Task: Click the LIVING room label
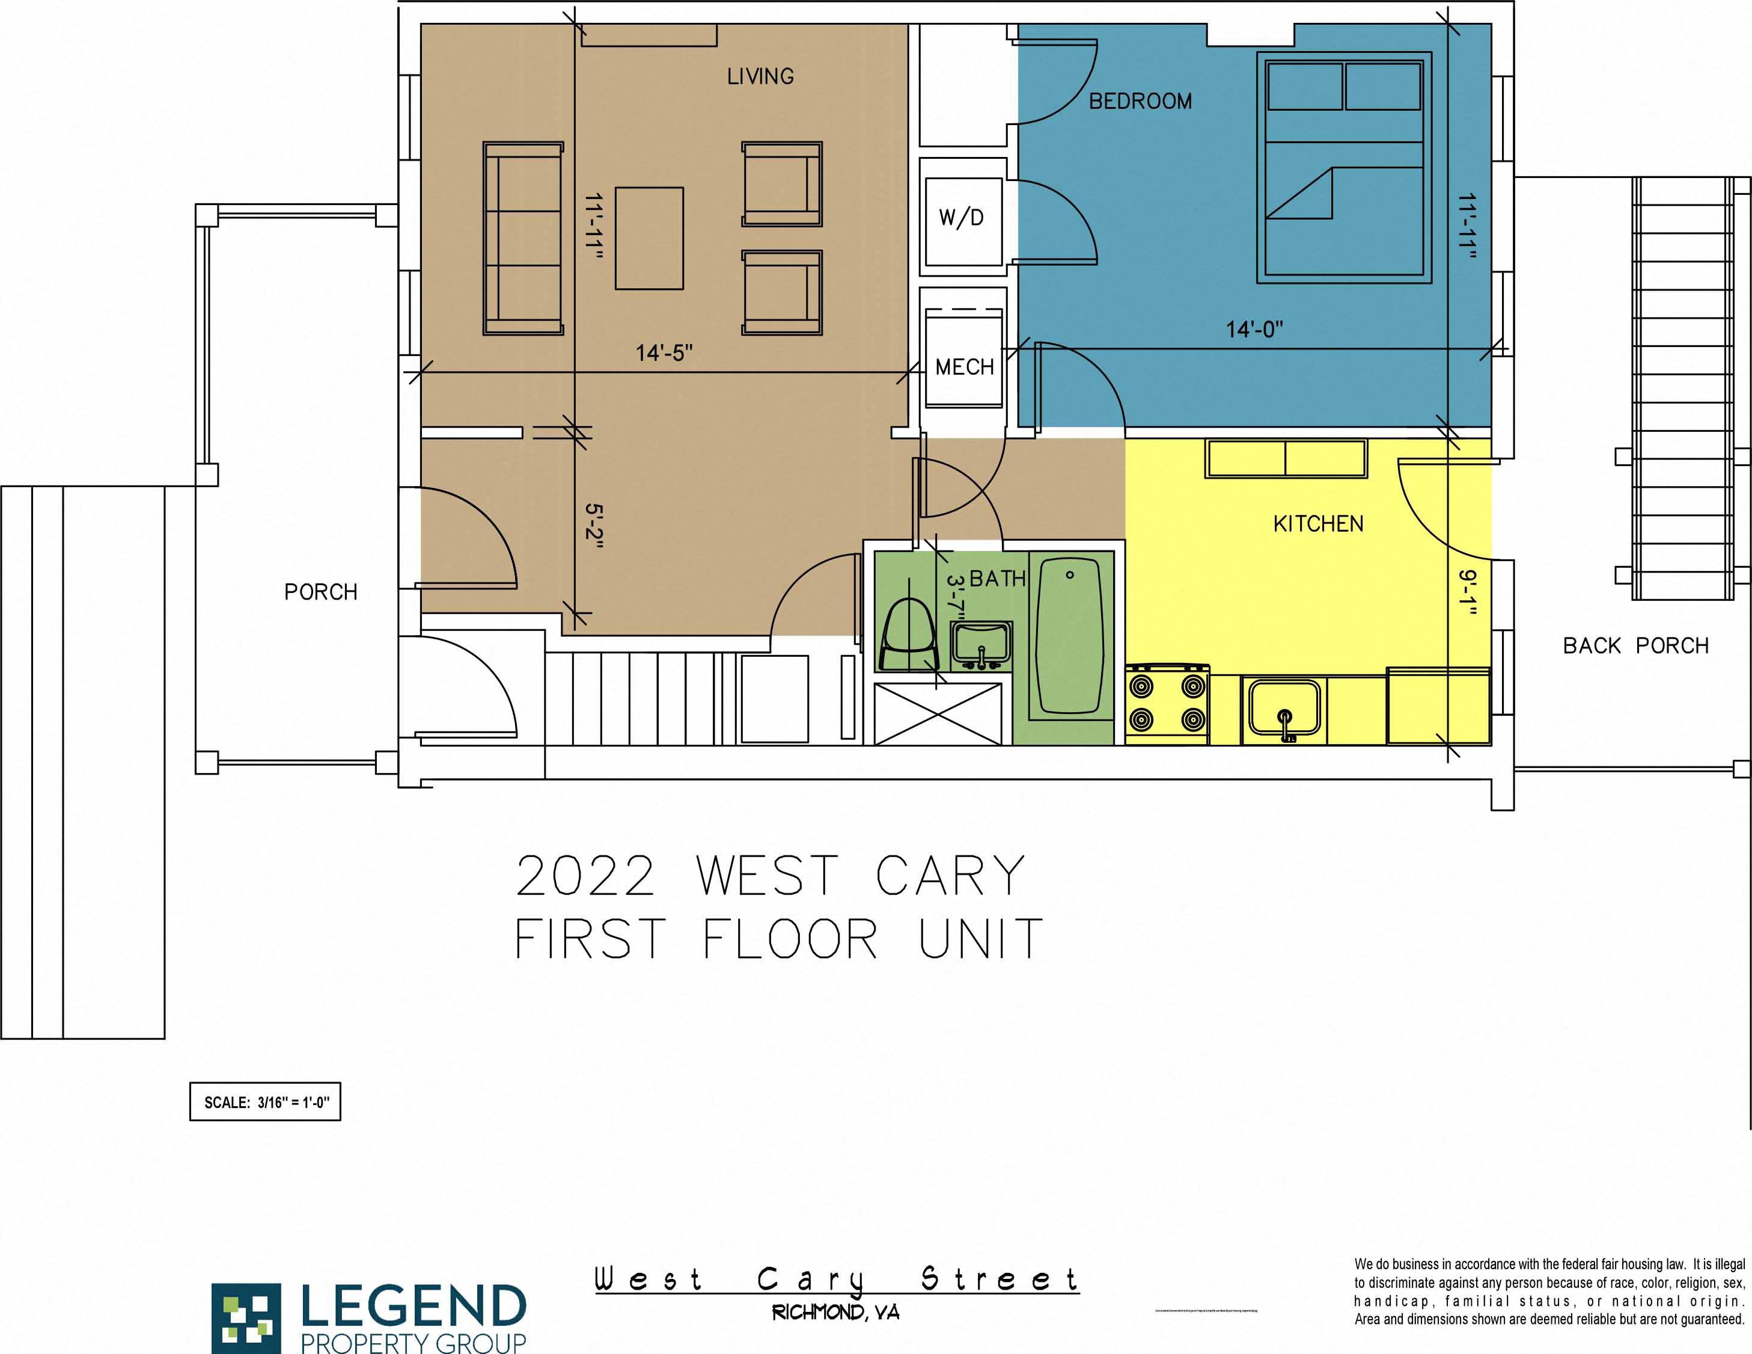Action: pos(760,76)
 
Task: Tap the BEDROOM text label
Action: pos(1140,101)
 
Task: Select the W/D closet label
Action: pos(961,218)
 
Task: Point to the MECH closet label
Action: pos(964,368)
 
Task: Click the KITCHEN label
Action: pos(1318,524)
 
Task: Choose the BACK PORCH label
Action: pos(1635,645)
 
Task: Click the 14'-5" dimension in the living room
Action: pos(664,353)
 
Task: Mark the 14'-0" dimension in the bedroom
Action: pos(1254,329)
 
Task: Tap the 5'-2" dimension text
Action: pos(594,526)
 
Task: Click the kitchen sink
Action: pos(1283,709)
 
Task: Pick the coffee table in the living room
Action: pos(649,238)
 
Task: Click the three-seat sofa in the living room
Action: pos(523,238)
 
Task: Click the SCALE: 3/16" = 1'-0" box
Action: pos(266,1102)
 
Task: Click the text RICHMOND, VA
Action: pos(835,1313)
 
